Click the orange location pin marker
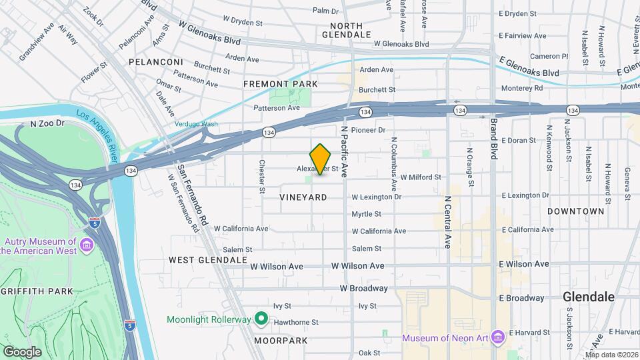pos(320,159)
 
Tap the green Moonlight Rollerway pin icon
pos(261,319)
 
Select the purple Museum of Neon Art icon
pos(496,337)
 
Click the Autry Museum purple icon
pos(87,246)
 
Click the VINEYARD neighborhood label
pos(303,197)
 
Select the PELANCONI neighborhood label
pos(156,62)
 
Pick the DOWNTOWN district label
pos(575,211)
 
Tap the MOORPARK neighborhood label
pos(281,341)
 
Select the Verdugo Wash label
pos(196,124)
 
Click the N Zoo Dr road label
pos(47,123)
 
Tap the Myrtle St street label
pos(367,214)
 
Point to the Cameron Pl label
pos(549,57)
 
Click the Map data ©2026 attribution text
pos(612,354)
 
